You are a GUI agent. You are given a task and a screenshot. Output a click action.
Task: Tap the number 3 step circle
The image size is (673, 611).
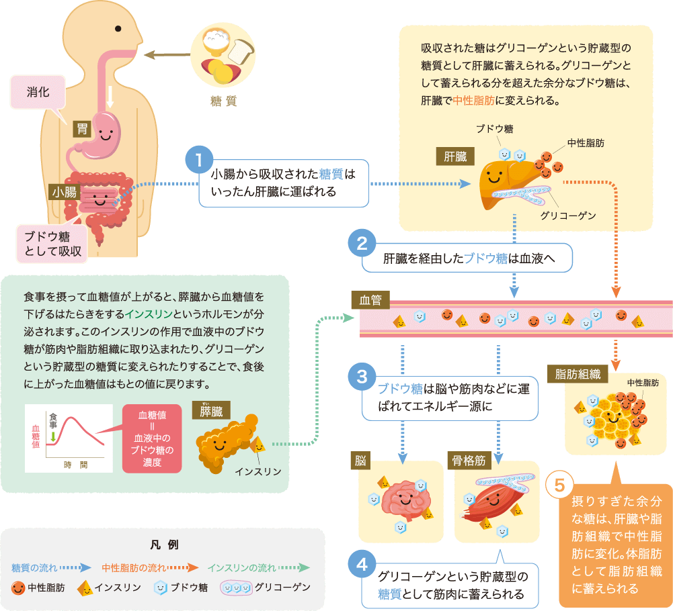pos(362,377)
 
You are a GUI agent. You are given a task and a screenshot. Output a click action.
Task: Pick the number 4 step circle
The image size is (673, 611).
pos(362,564)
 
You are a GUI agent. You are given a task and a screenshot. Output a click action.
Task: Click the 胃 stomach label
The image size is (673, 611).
pos(83,129)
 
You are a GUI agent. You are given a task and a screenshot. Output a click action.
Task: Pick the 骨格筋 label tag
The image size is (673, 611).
pos(470,461)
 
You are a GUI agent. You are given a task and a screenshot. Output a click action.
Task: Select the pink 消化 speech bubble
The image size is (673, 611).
pos(38,92)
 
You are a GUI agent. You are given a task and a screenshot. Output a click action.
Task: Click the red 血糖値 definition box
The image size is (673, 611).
pos(151,439)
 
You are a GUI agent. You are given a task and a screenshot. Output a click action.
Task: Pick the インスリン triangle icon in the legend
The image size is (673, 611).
pos(85,587)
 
